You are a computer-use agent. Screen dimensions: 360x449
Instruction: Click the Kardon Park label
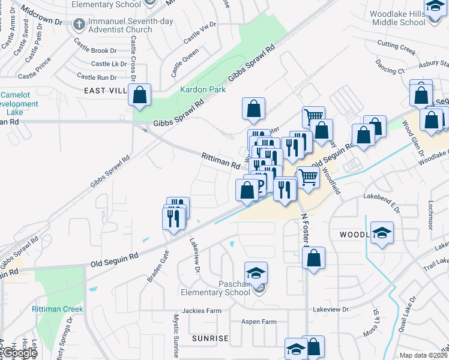pyautogui.click(x=203, y=89)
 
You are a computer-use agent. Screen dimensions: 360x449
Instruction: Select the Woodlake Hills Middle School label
pyautogui.click(x=397, y=18)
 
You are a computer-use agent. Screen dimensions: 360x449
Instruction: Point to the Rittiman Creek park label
pyautogui.click(x=57, y=309)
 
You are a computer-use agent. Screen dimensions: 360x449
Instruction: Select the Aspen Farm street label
pyautogui.click(x=259, y=322)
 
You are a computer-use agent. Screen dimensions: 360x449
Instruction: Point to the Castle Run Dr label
pyautogui.click(x=97, y=77)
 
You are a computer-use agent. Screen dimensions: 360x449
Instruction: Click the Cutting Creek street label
pyautogui.click(x=396, y=47)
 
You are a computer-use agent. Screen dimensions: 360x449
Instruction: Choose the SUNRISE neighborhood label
pyautogui.click(x=210, y=338)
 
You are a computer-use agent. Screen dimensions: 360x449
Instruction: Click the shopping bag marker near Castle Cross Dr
pyautogui.click(x=139, y=95)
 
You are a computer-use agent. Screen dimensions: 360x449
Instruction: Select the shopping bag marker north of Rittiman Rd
pyautogui.click(x=254, y=109)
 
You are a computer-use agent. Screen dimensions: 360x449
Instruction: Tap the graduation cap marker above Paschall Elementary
pyautogui.click(x=256, y=273)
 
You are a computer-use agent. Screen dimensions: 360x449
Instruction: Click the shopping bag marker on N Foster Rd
pyautogui.click(x=313, y=259)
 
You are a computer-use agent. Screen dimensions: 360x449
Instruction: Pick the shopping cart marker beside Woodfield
pyautogui.click(x=308, y=177)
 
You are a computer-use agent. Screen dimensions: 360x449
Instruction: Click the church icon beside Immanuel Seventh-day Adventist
pyautogui.click(x=78, y=25)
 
